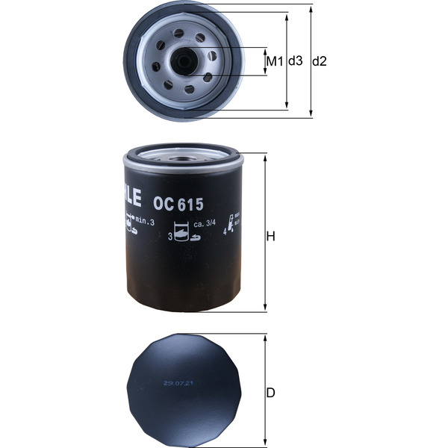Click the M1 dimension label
(276, 61)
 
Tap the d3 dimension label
(296, 61)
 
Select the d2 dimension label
(320, 61)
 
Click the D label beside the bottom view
(272, 392)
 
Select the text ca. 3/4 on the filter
(205, 223)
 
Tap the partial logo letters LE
(129, 197)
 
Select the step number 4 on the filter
(225, 231)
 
